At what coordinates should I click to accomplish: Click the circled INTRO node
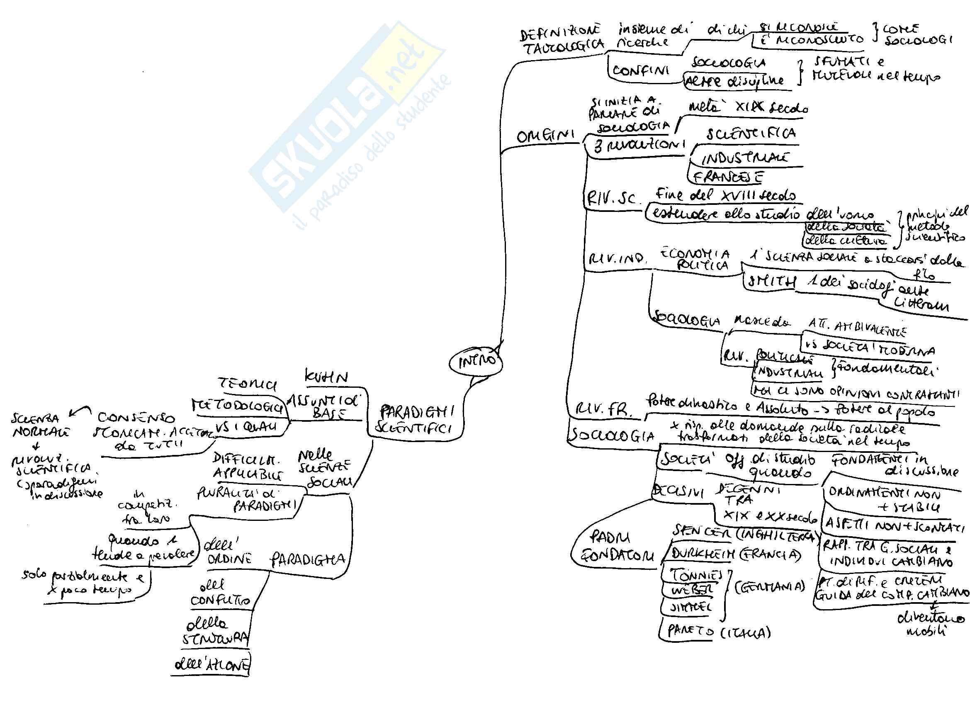coord(476,362)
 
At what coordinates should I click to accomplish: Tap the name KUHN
coord(326,377)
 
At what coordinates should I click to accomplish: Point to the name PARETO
coord(687,631)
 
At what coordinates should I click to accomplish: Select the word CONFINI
coord(640,71)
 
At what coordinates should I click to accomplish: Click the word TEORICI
coord(247,384)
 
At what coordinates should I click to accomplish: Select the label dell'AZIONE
coord(211,665)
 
